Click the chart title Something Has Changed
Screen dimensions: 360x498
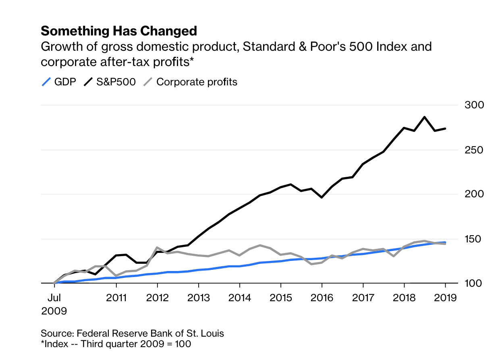coord(119,31)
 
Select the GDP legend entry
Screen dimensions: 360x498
coord(59,82)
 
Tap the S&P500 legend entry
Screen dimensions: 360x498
coord(110,82)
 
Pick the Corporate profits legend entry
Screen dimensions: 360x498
coord(191,82)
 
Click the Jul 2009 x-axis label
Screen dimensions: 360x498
coord(54,304)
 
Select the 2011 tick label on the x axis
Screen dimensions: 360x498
coord(116,298)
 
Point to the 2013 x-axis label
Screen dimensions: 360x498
coord(198,298)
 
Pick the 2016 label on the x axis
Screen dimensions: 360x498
coord(322,298)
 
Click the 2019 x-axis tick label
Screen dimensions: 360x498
coord(445,298)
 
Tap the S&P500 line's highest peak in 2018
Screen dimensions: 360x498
coord(424,117)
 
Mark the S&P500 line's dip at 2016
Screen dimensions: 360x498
coord(322,197)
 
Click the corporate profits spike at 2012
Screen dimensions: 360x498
coord(157,248)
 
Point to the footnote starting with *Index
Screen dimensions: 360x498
coord(116,344)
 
